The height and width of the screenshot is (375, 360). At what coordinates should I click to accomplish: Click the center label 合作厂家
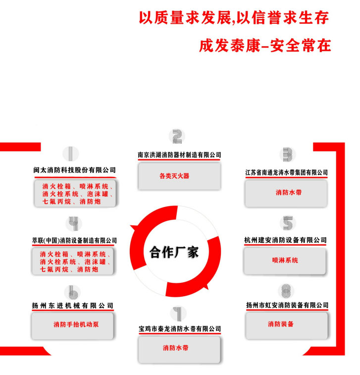(x=174, y=252)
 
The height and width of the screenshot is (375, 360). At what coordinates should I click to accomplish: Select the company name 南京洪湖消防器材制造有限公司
(x=179, y=155)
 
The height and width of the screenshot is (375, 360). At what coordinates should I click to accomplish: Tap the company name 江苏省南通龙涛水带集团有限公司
(x=287, y=172)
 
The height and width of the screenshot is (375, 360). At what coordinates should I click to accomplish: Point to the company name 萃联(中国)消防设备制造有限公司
(x=74, y=240)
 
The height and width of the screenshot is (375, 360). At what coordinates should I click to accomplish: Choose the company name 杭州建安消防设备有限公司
(x=285, y=240)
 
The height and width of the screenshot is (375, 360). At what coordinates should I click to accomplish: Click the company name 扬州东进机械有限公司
(x=73, y=305)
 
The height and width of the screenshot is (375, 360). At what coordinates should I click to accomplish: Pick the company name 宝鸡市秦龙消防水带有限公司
(x=179, y=328)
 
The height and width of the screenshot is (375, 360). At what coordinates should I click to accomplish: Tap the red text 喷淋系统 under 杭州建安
(x=285, y=260)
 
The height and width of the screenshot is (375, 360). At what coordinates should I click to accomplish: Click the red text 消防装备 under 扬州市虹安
(x=280, y=324)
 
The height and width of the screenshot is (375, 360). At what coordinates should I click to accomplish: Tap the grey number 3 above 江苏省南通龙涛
(x=287, y=155)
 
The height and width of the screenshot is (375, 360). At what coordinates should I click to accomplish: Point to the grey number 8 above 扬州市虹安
(x=286, y=290)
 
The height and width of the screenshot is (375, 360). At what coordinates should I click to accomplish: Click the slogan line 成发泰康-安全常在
(x=265, y=46)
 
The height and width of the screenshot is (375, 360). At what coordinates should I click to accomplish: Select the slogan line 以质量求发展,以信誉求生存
(x=234, y=17)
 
